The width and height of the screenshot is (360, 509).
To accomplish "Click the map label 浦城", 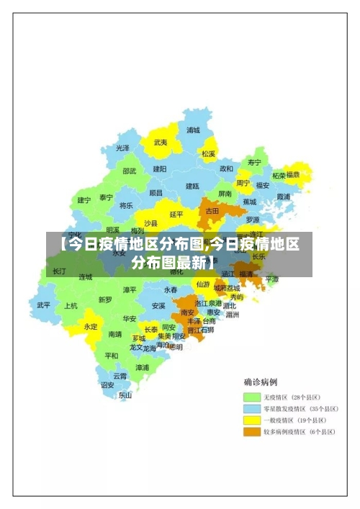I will [193, 130].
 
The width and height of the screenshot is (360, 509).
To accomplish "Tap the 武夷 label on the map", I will [160, 143].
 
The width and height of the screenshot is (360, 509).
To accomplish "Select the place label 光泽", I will [123, 148].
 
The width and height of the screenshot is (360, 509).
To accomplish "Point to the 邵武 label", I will [129, 171].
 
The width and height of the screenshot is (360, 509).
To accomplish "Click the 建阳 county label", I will [159, 168].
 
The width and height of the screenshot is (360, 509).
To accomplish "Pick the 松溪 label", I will [208, 153].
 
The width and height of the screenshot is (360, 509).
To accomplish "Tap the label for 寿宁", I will [254, 162].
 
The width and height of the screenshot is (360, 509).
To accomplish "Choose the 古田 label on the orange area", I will [212, 211].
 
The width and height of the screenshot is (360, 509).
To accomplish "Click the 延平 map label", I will [176, 214].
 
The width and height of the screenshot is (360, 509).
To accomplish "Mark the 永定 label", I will [90, 326].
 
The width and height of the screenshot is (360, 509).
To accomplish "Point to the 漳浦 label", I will [143, 367].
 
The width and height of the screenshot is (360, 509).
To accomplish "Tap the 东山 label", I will [125, 395].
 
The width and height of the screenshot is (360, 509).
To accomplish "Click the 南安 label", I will [187, 312].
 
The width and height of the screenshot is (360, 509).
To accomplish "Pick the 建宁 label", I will [84, 200].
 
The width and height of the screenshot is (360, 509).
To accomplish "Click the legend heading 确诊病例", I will [261, 382].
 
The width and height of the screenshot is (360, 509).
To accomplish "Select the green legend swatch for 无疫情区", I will [252, 397].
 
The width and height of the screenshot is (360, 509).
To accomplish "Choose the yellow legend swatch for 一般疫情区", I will [252, 420].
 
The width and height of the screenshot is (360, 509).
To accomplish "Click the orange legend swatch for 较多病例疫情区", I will [252, 432].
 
